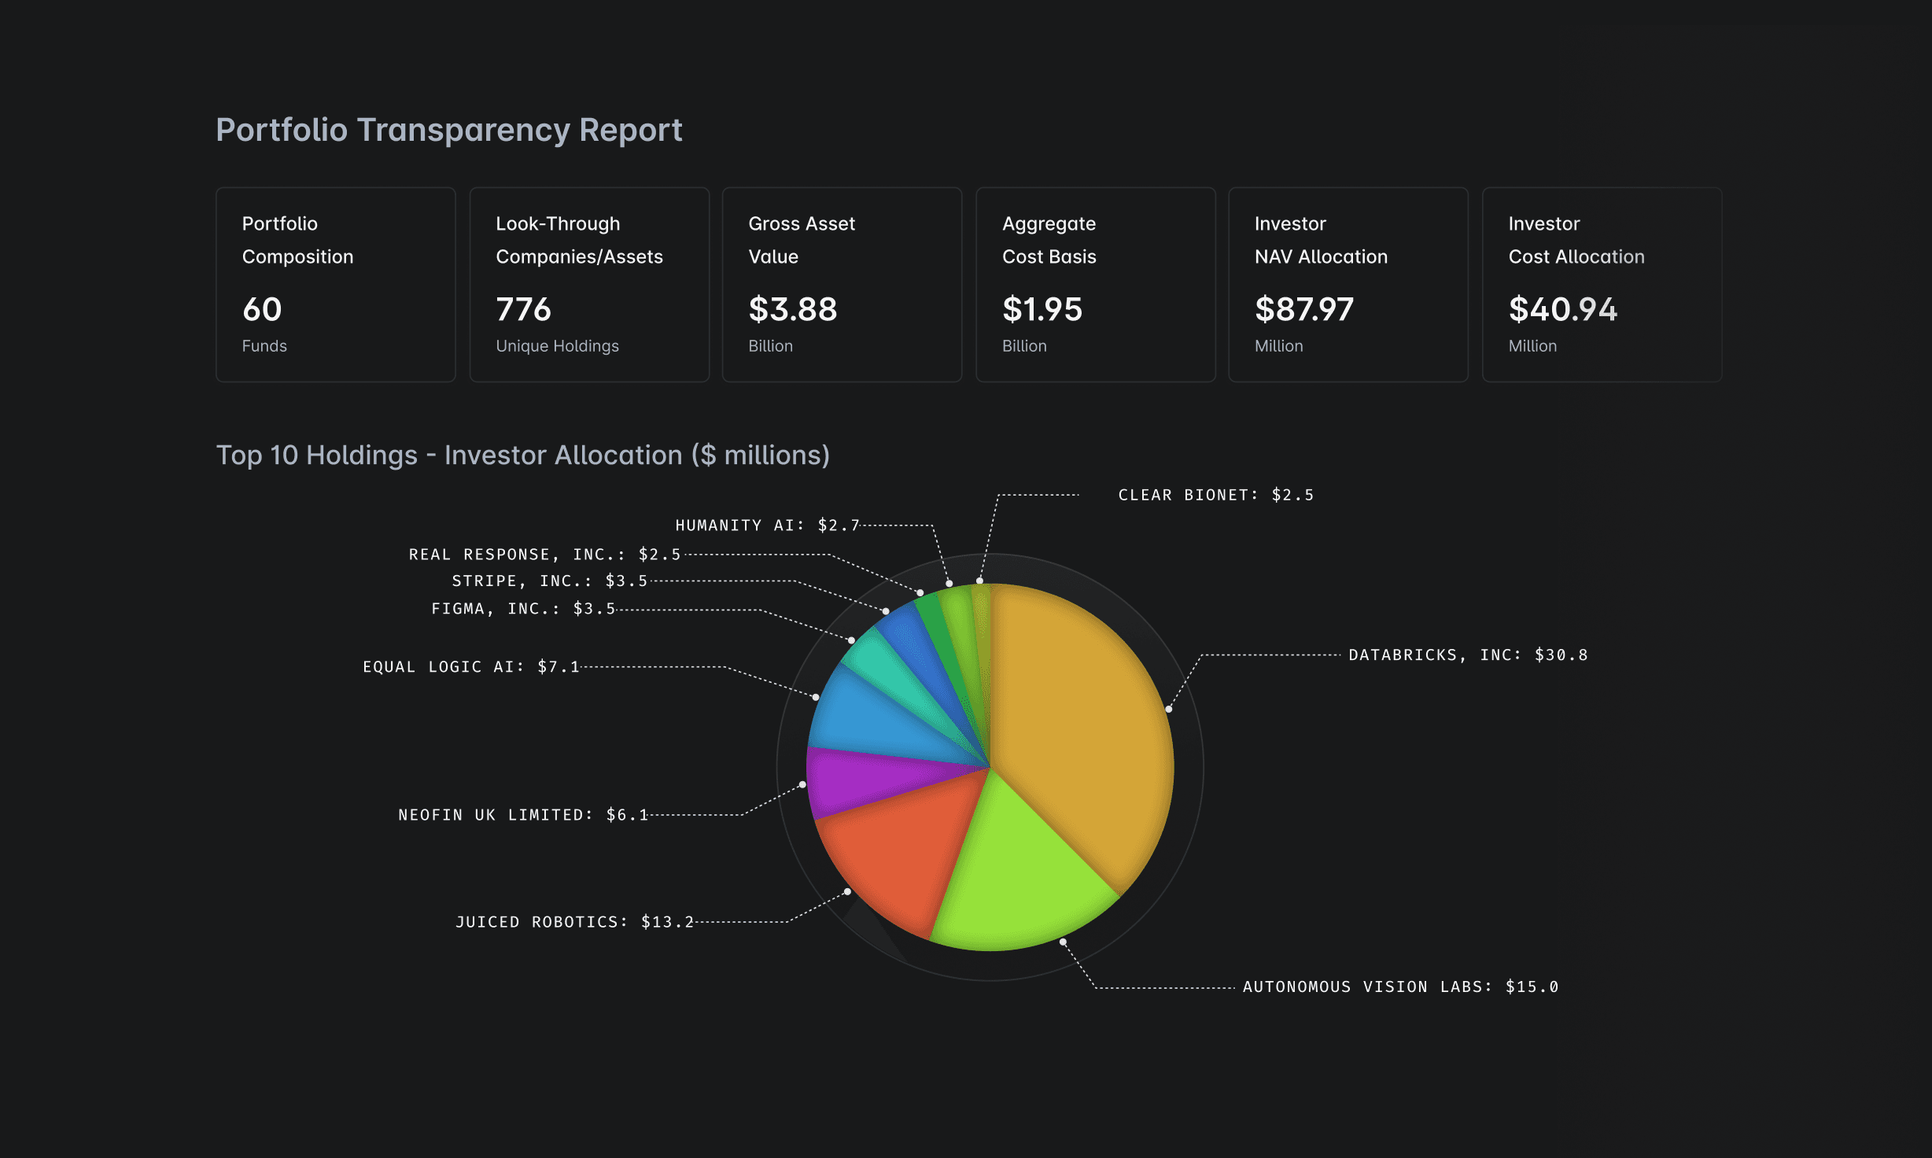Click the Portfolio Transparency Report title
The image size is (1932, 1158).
tap(448, 130)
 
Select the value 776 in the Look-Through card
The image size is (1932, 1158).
tap(523, 309)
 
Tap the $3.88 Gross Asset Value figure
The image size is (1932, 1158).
tap(792, 309)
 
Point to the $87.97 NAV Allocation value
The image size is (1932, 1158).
tap(1303, 309)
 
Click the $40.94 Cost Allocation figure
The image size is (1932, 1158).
tap(1562, 309)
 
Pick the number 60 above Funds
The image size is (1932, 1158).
tap(262, 309)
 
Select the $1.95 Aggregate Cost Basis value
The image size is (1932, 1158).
tap(1042, 309)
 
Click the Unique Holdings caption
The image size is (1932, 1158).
tap(557, 346)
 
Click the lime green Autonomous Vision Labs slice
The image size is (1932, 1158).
tap(1023, 873)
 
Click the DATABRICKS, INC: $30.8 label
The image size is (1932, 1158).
tap(1468, 655)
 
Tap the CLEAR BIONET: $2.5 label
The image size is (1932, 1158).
tap(1215, 495)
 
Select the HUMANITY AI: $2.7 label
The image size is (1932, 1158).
tap(767, 525)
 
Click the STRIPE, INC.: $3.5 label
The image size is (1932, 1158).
tap(549, 581)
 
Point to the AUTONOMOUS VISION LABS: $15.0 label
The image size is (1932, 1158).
tap(1400, 987)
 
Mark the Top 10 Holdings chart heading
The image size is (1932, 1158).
tap(522, 455)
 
